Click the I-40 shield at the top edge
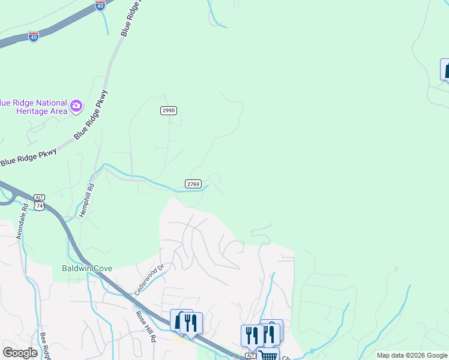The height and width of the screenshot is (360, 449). coord(100,5)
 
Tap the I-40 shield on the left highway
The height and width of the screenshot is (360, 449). coord(34,37)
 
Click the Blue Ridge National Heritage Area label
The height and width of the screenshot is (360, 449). coord(32,106)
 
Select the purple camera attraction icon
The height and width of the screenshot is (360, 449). coord(76,107)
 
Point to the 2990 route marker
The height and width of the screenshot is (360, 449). coord(169,110)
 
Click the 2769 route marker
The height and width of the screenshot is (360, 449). coord(193,184)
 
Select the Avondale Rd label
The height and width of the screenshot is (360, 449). coord(22,223)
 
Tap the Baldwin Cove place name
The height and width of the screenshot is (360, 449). coord(87,268)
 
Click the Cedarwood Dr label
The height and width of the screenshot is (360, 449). coord(149,280)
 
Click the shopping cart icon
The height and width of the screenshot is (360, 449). coord(268,355)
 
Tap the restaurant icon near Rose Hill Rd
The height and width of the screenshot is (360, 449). coord(191,322)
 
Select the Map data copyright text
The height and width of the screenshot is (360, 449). coord(412,355)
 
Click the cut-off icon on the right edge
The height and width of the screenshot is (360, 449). coord(445,69)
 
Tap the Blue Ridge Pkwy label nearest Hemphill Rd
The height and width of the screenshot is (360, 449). coord(91,115)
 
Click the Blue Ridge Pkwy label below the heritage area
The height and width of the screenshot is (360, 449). coord(28,157)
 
